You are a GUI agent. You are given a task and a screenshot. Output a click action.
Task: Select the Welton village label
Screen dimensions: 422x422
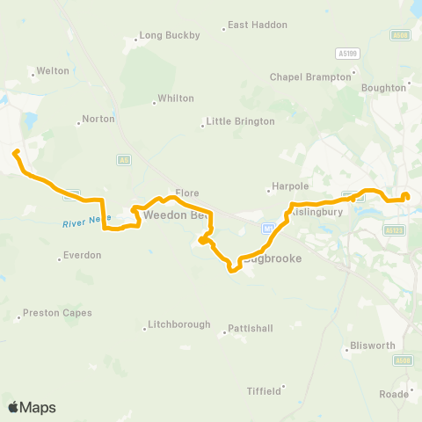[x=53, y=71]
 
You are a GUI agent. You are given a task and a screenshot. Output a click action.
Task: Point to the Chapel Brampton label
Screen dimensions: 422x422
[x=304, y=76]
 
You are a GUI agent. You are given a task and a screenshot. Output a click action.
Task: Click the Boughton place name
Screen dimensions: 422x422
[x=384, y=88]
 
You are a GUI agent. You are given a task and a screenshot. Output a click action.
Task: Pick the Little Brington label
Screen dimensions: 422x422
[x=234, y=121]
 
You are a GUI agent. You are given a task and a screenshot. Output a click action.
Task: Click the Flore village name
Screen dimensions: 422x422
[x=187, y=192]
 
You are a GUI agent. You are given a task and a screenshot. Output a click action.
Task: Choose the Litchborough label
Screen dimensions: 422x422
[x=179, y=324]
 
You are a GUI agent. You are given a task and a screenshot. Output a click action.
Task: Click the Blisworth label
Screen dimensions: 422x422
[x=372, y=346]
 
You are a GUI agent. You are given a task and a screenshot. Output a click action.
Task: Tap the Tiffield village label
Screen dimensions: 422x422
[x=264, y=389]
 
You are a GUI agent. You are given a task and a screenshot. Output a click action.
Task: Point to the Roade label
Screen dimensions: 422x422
[x=394, y=394]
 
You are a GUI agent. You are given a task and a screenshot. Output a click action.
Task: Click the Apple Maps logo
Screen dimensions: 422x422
[x=32, y=407]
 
